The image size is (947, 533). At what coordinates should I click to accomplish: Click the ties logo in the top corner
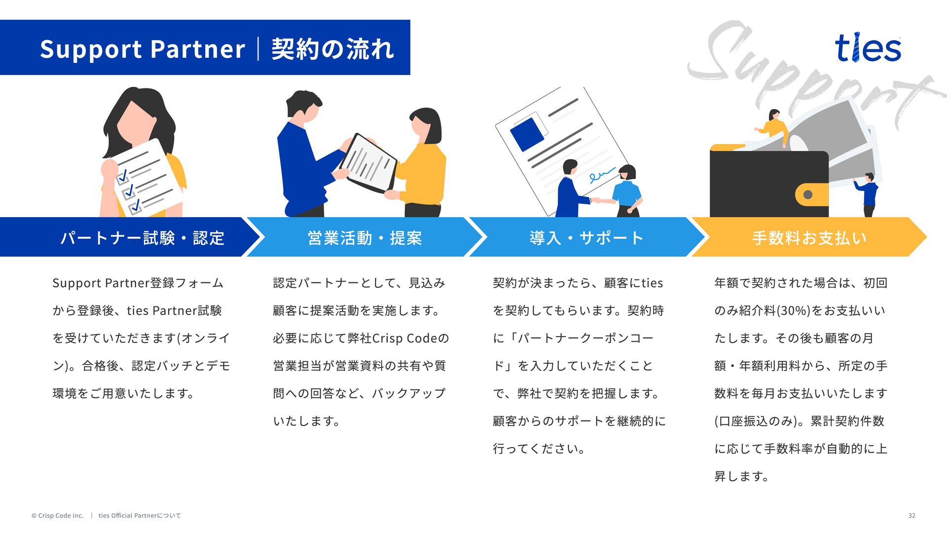868,48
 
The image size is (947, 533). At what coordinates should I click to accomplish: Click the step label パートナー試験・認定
142,238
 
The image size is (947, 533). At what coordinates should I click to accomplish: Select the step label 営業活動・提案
364,238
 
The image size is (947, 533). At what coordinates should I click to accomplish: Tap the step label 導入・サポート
586,238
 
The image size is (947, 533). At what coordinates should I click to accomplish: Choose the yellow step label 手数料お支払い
809,238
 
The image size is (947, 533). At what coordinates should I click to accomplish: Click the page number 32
911,516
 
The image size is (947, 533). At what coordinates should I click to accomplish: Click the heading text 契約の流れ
332,49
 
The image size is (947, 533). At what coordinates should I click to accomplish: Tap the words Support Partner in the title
142,49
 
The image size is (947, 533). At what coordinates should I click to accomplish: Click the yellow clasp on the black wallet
811,194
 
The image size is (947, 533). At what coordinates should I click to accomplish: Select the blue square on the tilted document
527,134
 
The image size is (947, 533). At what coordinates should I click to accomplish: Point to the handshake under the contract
596,200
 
